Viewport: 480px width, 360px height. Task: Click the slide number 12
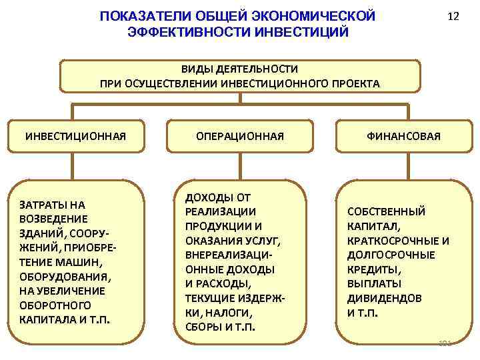coord(453,17)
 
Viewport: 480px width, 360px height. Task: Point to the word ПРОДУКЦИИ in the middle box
coord(211,226)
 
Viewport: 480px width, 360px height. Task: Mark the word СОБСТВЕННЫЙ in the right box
coord(386,211)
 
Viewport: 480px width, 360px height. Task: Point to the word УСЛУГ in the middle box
coord(262,241)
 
